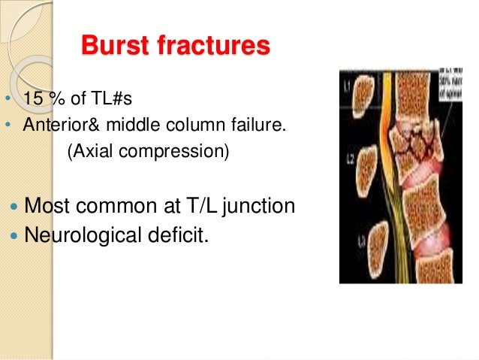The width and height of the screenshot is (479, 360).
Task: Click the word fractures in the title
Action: (217, 47)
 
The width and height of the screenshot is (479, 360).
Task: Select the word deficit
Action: (178, 235)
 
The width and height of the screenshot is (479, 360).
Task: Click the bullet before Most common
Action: (16, 206)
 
